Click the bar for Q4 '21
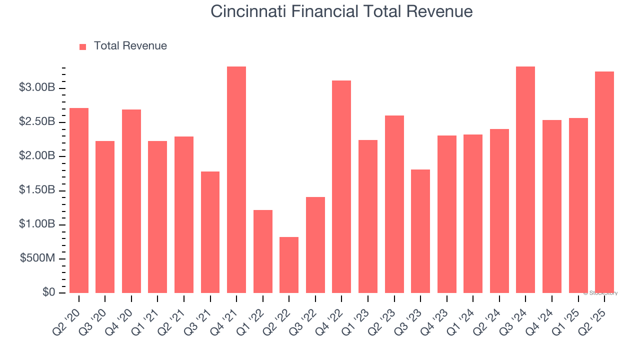pyautogui.click(x=236, y=180)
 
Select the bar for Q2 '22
pyautogui.click(x=289, y=265)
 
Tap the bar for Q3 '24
pyautogui.click(x=525, y=180)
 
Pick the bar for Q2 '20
pyautogui.click(x=79, y=200)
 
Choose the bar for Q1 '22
pyautogui.click(x=263, y=251)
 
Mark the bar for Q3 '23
pyautogui.click(x=420, y=231)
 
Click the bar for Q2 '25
pyautogui.click(x=604, y=182)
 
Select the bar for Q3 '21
pyautogui.click(x=210, y=232)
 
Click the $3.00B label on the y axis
pyautogui.click(x=37, y=88)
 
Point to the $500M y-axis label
pyautogui.click(x=37, y=258)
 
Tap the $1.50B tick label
pyautogui.click(x=37, y=190)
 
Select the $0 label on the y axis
pyautogui.click(x=48, y=292)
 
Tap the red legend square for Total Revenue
pyautogui.click(x=83, y=46)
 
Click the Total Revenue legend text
pyautogui.click(x=130, y=46)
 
